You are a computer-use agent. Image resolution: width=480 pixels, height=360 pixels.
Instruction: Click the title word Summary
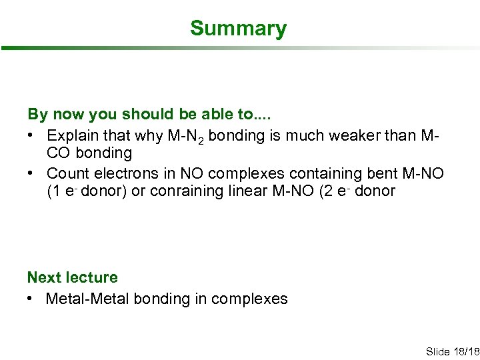point(238,29)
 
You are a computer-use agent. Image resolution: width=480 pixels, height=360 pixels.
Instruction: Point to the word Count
point(65,173)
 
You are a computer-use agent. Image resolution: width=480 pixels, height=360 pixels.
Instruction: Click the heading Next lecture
point(72,277)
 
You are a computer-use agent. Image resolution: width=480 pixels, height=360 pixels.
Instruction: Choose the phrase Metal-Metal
point(87,299)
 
